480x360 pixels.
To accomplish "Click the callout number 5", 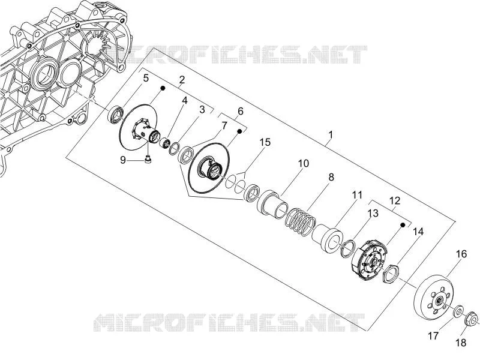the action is click(146, 78).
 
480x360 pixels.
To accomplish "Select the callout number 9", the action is click(123, 160).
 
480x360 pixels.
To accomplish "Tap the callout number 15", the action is click(265, 142).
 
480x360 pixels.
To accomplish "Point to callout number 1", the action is click(331, 134).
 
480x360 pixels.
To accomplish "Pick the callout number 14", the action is click(418, 232).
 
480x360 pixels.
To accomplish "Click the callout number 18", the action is click(461, 342).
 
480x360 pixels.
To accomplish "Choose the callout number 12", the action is click(395, 201).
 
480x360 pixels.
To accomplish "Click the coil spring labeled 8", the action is click(301, 222).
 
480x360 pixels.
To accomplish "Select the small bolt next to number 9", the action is click(148, 160).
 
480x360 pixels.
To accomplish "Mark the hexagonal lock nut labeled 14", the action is click(391, 274).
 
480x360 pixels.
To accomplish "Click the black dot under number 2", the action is click(163, 88).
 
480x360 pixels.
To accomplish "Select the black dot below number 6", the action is click(239, 131).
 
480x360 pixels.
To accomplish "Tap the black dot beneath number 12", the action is click(403, 224).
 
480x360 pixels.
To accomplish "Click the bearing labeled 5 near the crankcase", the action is click(116, 115).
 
